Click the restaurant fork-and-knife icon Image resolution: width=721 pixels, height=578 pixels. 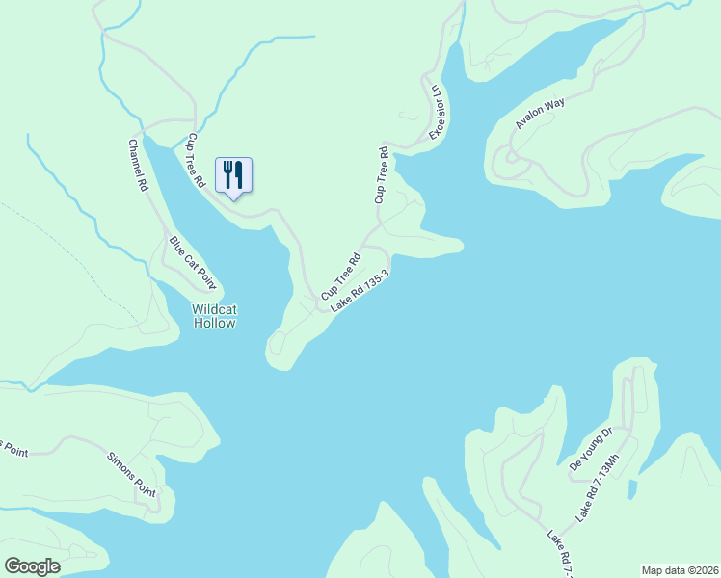coord(232,175)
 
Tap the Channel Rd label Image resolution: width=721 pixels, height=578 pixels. coord(137,165)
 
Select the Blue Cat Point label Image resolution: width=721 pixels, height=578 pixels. coord(192,263)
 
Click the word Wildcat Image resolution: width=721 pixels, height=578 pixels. coord(214,309)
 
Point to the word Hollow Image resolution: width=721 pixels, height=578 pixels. coord(214,324)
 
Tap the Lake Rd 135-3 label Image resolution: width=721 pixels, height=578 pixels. coord(360,291)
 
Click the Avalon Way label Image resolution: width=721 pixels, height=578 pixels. coord(540,113)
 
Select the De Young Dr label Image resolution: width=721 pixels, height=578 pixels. coord(591,449)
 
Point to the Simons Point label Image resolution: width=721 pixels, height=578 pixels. coord(131,472)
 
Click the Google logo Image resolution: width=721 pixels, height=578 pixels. coord(32,566)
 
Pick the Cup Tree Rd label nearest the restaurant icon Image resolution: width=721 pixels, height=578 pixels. coord(197,160)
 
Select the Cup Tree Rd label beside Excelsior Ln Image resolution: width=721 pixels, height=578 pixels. coord(382,174)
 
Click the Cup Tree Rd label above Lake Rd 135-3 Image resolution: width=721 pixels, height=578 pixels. coord(340,275)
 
